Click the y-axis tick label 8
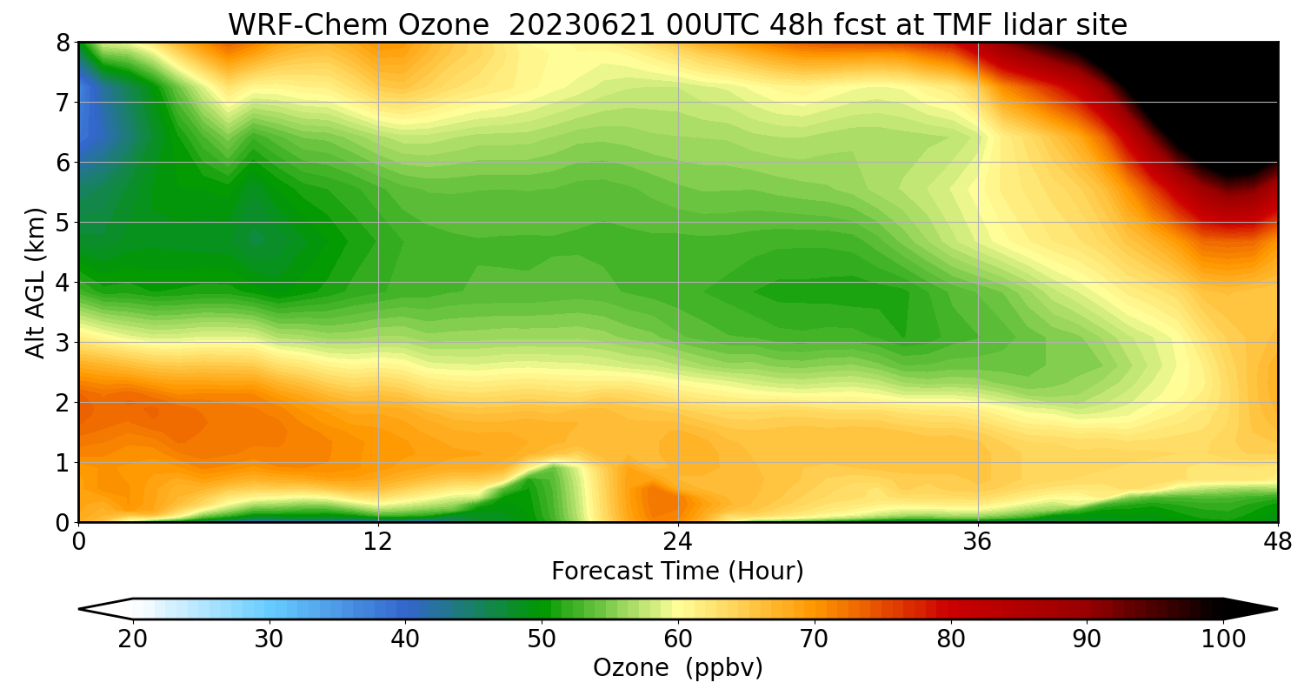63,43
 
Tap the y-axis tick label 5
63,223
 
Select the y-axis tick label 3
63,343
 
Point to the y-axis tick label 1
63,463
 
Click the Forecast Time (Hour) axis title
677,572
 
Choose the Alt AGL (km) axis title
36,282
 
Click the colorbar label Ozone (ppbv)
677,668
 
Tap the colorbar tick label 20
133,639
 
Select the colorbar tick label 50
542,639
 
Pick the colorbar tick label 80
950,639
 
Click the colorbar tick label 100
1222,639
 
